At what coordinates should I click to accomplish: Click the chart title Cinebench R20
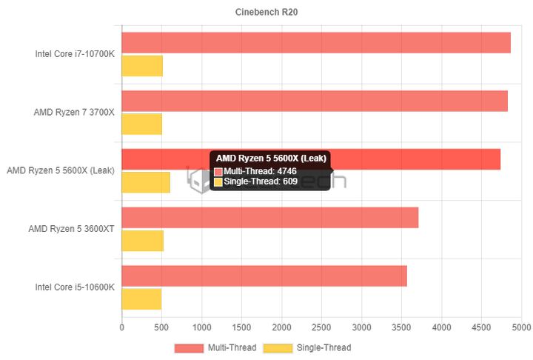pos(266,12)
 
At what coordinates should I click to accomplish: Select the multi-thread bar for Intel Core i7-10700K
pos(316,43)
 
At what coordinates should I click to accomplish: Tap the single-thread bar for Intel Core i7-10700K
pos(142,66)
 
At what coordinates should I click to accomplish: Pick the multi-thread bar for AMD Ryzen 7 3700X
pos(315,101)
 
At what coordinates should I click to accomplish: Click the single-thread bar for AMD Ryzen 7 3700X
pos(142,124)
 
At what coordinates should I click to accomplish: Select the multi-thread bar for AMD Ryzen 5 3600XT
pos(270,218)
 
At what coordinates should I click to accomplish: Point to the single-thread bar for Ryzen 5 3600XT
pos(143,241)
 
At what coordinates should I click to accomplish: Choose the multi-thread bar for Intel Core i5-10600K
pos(264,276)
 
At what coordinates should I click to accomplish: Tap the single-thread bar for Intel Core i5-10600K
pos(141,299)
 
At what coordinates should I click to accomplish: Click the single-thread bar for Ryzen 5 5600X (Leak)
pos(146,182)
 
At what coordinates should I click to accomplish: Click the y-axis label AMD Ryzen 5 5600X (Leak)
pos(61,170)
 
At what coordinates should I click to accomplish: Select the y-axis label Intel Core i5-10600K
pos(75,287)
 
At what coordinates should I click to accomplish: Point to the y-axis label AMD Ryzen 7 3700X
pos(74,113)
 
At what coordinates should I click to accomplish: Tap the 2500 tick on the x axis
pos(321,327)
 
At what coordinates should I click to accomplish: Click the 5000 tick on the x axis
pos(521,327)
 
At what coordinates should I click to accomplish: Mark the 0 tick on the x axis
pos(122,327)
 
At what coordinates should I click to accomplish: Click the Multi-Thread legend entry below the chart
pos(215,347)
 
